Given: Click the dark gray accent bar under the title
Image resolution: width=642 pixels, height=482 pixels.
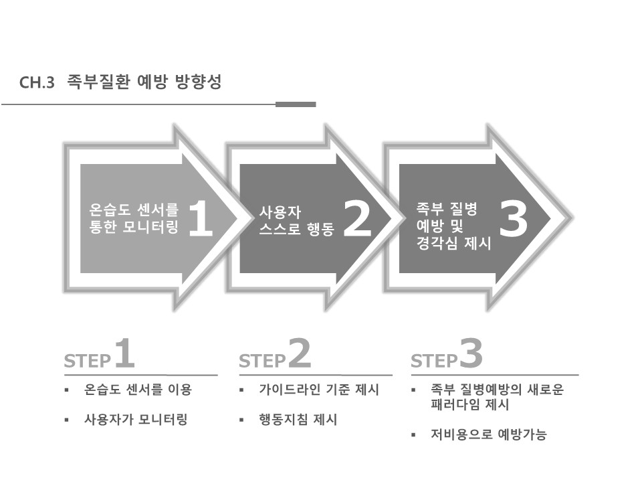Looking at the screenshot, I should pos(296,104).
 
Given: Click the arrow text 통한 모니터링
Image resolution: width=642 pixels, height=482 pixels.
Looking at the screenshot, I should pos(134,228).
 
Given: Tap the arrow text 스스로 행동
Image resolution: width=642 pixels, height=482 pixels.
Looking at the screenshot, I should pos(296,232).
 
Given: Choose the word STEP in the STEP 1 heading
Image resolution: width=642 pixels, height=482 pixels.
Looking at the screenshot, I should pos(87,362).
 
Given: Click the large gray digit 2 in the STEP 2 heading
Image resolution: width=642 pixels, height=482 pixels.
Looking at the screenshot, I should pos(300,354).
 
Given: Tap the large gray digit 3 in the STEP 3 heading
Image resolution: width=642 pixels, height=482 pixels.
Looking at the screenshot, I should pos(471,354).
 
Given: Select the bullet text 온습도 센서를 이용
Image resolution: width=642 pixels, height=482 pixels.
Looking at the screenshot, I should pos(138,390).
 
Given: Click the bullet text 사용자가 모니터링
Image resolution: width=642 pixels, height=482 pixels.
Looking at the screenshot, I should pos(136,420).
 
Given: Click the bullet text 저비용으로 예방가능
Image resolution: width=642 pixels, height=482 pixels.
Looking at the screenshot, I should pos(489,435).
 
